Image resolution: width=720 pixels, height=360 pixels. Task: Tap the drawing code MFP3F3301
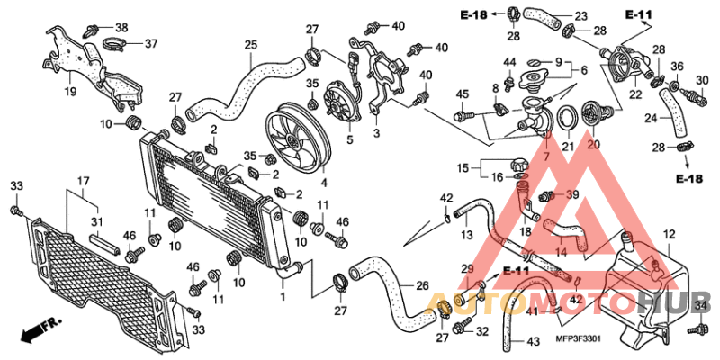pos(578,338)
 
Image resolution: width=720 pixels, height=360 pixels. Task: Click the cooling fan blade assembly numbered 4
pos(300,138)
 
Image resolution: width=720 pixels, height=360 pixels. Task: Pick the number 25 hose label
pos(251,45)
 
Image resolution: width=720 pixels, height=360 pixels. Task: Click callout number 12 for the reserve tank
pos(669,235)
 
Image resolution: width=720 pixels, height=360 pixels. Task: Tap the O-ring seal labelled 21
pos(568,118)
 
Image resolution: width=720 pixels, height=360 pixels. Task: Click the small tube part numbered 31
pos(104,244)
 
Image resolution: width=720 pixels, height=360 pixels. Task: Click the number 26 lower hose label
pos(422,285)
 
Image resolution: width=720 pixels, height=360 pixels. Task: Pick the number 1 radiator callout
pos(283,297)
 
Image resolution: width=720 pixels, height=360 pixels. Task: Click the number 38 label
pos(121,28)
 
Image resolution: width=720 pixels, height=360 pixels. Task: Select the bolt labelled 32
pos(460,328)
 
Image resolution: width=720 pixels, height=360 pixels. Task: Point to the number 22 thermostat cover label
pos(635,94)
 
